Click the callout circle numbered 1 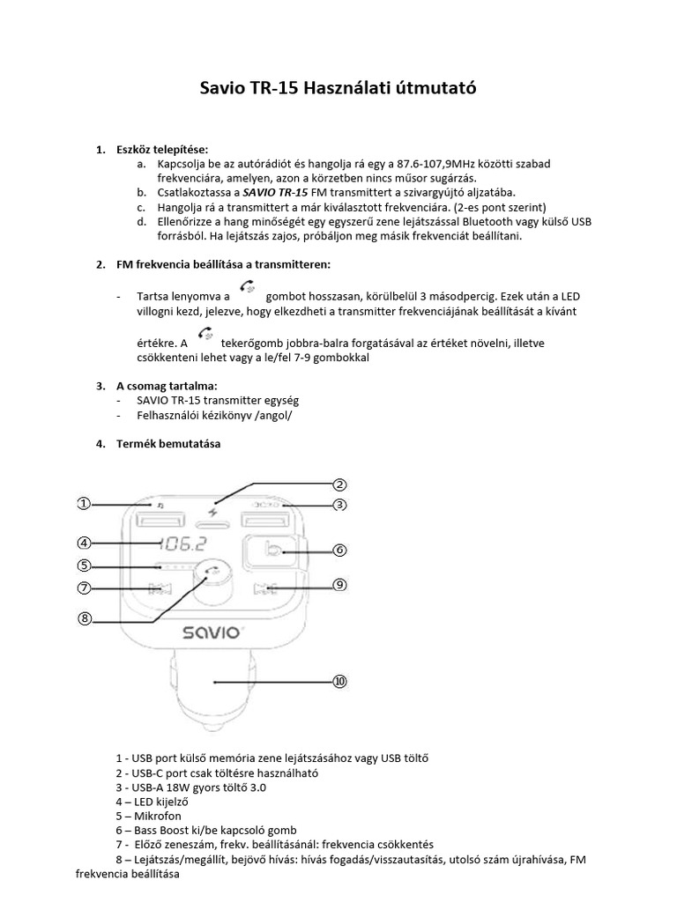tap(83, 504)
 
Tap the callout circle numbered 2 tap(340, 484)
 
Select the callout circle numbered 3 tap(340, 505)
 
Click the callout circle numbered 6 tap(340, 550)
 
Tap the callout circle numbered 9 tap(340, 584)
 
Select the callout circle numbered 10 tap(340, 682)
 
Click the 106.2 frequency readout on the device tap(182, 543)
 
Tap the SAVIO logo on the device tap(212, 632)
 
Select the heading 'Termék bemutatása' tap(168, 444)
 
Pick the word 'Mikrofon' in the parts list tap(158, 816)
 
